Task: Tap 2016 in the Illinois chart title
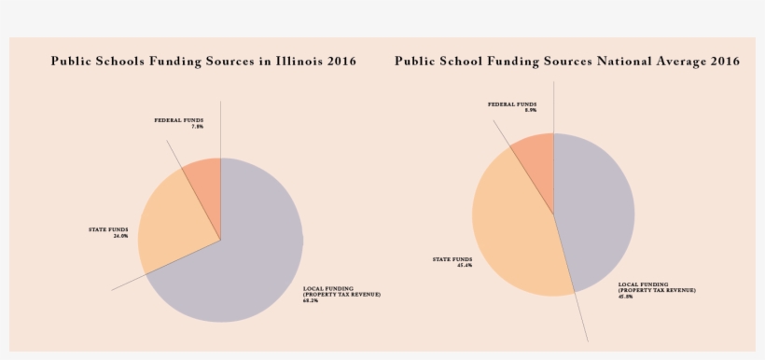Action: pyautogui.click(x=341, y=62)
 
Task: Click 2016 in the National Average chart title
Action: pyautogui.click(x=724, y=62)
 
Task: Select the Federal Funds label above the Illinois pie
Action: pyautogui.click(x=179, y=123)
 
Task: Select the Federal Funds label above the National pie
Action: pyautogui.click(x=512, y=107)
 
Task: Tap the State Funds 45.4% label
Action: pyautogui.click(x=452, y=262)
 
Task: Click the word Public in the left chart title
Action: pyautogui.click(x=72, y=62)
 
